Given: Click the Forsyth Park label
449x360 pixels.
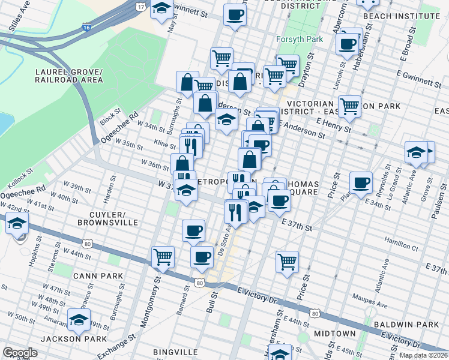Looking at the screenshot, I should (x=300, y=40).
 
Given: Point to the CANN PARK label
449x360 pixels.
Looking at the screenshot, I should (x=98, y=276).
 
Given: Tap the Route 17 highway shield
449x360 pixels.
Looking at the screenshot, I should (x=140, y=6).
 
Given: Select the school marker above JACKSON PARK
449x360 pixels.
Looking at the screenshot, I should (x=79, y=320).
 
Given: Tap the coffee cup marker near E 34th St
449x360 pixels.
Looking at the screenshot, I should (x=361, y=182).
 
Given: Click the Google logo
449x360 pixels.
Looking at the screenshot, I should (x=20, y=353).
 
